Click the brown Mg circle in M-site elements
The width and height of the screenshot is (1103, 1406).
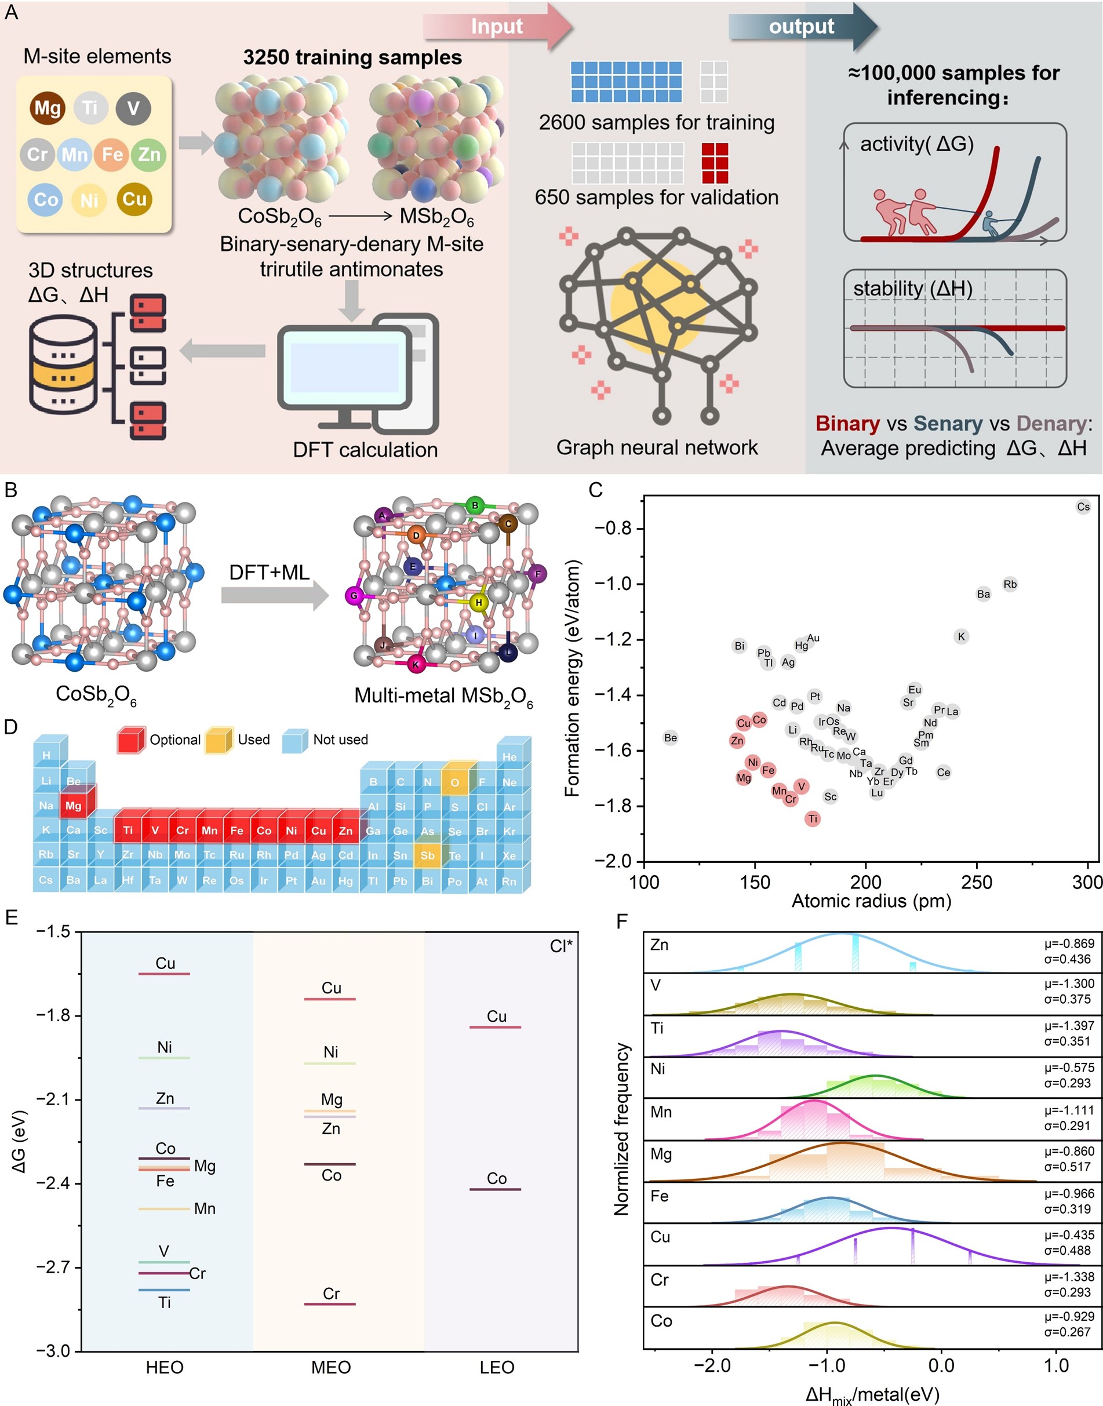(47, 108)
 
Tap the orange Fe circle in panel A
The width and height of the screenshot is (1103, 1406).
(112, 154)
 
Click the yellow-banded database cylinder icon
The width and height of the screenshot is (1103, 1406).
(63, 365)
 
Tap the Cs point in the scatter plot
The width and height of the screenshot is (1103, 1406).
(1083, 507)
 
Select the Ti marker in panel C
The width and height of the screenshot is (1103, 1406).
(813, 818)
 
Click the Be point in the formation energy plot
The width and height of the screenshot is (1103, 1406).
(671, 738)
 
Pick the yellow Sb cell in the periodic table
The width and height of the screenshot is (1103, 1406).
(428, 855)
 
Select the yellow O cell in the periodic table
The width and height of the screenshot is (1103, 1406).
(455, 782)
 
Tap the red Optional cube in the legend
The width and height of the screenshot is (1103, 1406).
(130, 740)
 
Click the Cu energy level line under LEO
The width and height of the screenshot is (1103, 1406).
(496, 1026)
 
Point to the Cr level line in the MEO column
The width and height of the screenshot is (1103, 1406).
(330, 1304)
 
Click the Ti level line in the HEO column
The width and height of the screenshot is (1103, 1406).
(164, 1290)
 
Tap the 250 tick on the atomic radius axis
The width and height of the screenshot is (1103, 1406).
(977, 882)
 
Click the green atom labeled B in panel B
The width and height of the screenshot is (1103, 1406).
(475, 505)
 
